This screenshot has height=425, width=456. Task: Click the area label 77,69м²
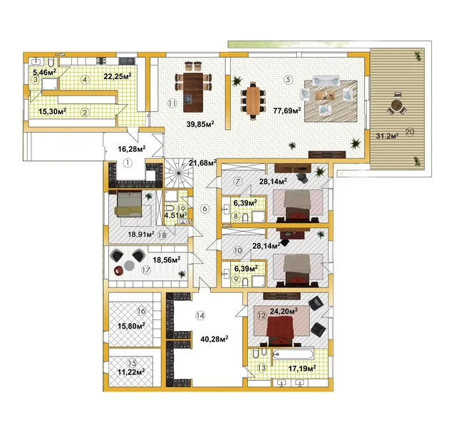(x=286, y=111)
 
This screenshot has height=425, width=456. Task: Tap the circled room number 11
(x=172, y=103)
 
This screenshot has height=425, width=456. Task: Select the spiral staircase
(x=178, y=173)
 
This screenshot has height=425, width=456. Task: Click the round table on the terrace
(x=396, y=104)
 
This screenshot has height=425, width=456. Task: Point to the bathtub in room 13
(x=293, y=354)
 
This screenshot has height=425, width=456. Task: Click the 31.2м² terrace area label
(x=387, y=135)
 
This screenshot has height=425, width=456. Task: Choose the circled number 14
(x=200, y=315)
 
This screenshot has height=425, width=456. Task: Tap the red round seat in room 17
(x=118, y=271)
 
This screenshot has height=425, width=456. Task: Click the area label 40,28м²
(x=214, y=339)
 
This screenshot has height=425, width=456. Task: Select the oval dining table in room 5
(x=254, y=101)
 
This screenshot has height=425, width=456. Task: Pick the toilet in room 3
(x=51, y=63)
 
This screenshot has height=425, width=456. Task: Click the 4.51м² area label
(x=175, y=215)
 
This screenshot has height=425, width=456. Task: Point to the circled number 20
(x=410, y=132)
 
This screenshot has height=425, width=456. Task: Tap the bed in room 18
(x=129, y=203)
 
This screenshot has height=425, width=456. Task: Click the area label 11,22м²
(x=131, y=372)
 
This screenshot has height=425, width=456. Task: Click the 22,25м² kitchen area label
(x=118, y=76)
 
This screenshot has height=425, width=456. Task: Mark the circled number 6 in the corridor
(x=204, y=208)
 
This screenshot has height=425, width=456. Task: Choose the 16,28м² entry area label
(x=132, y=149)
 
